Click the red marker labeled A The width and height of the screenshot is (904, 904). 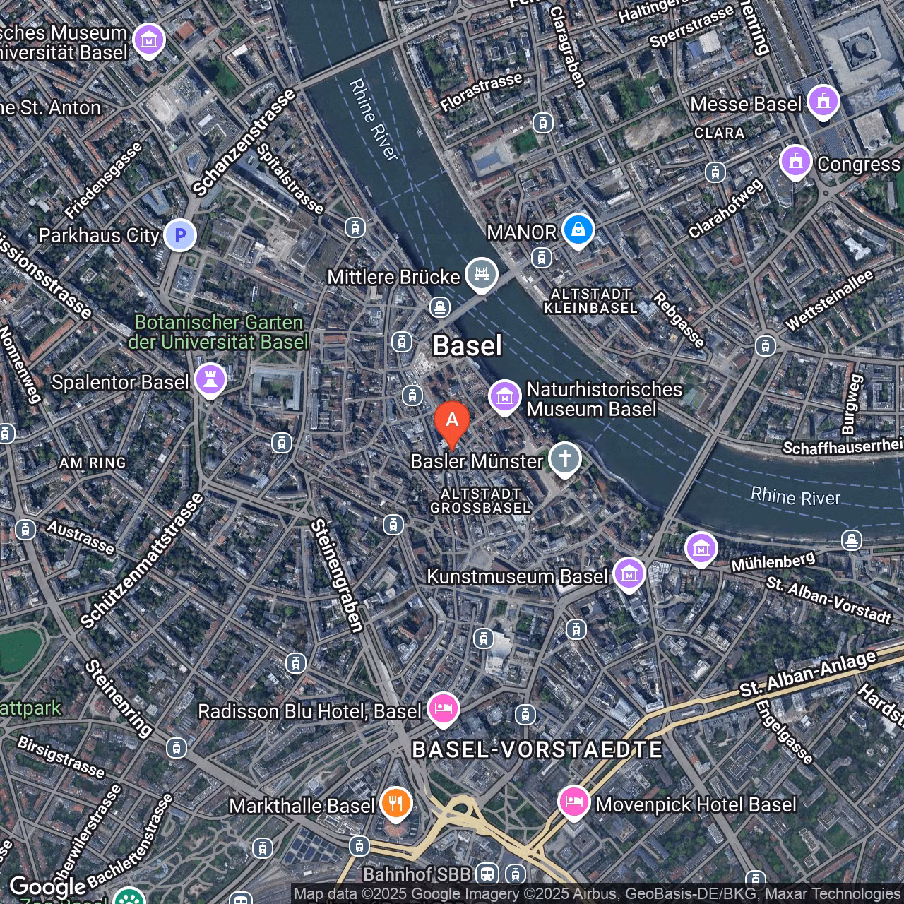coord(452,421)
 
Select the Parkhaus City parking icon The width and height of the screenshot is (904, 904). coord(180,234)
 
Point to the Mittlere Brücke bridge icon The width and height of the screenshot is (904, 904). coord(482,274)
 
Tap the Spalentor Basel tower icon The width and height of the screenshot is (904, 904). coord(210,381)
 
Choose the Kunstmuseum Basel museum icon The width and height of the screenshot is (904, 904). coord(629,575)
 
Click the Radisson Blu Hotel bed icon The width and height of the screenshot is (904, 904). coord(443,708)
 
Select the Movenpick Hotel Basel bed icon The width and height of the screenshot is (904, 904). coord(574,802)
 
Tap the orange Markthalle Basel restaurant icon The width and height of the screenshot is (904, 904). coord(396,804)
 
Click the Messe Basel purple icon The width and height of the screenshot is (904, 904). coord(823,102)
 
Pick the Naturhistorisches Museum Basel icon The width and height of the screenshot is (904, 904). coord(505,398)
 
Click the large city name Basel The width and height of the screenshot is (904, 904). coord(467,346)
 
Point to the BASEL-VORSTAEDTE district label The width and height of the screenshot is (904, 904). coord(537,749)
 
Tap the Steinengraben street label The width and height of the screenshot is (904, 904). coord(338,575)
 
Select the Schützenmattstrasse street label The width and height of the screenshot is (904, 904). coord(142,560)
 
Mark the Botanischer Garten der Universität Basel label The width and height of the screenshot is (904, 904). coord(218,333)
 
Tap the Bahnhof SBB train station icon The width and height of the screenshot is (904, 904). coord(487,874)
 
